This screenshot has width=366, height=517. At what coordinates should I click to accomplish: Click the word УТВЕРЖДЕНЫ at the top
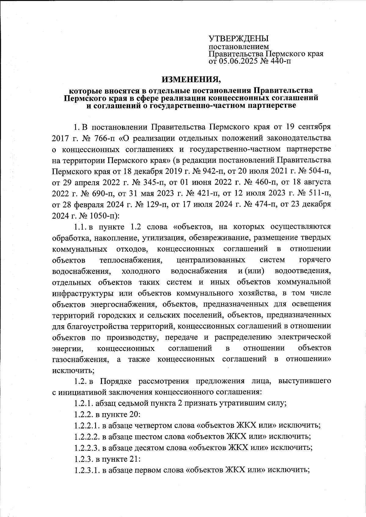239,39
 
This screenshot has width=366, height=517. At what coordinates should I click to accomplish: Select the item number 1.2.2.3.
87,448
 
